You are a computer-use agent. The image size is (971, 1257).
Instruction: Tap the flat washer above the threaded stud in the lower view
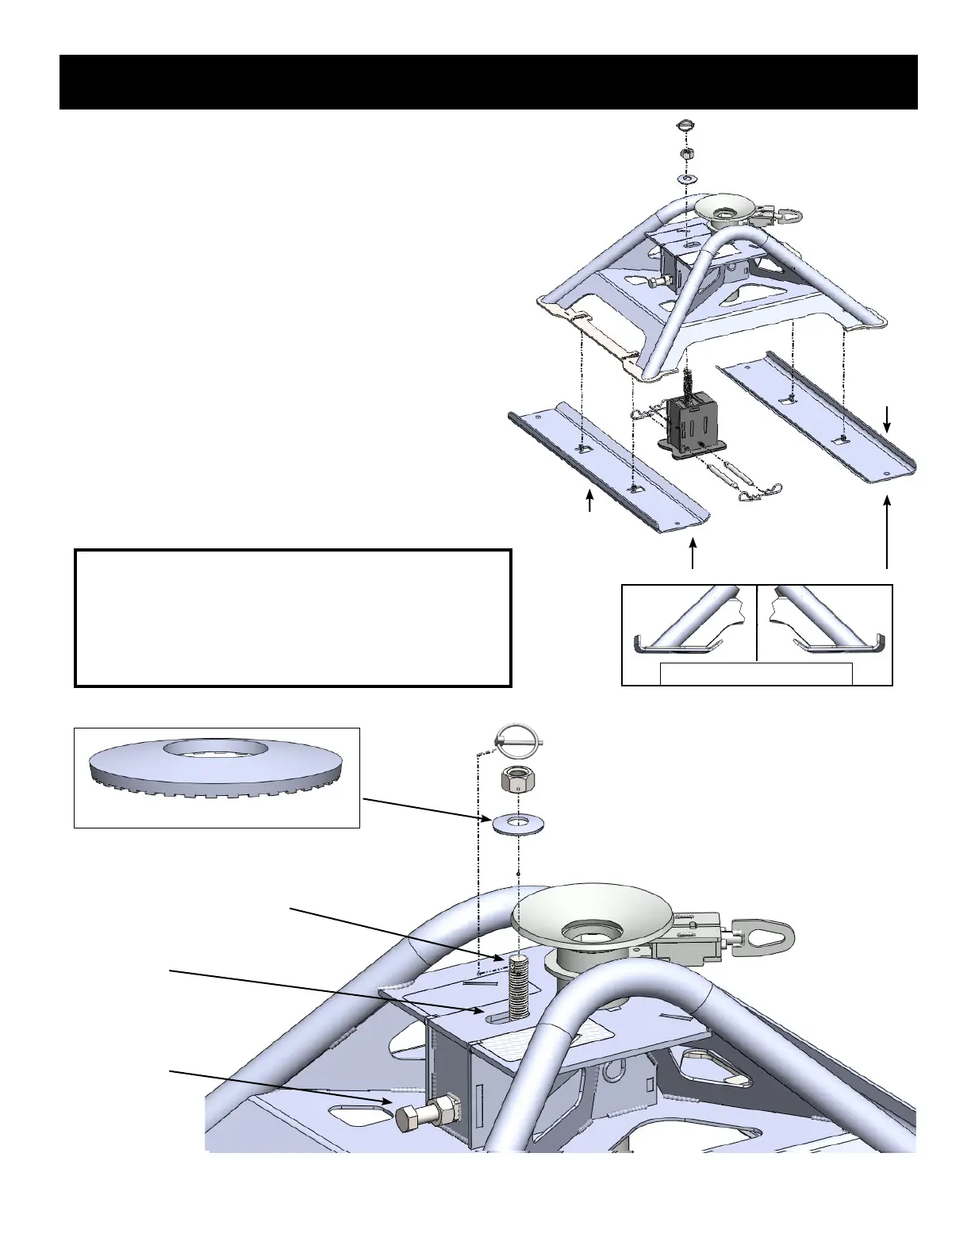(518, 825)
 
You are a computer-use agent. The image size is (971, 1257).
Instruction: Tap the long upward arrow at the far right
(887, 532)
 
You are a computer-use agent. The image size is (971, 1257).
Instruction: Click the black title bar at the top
(488, 82)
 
